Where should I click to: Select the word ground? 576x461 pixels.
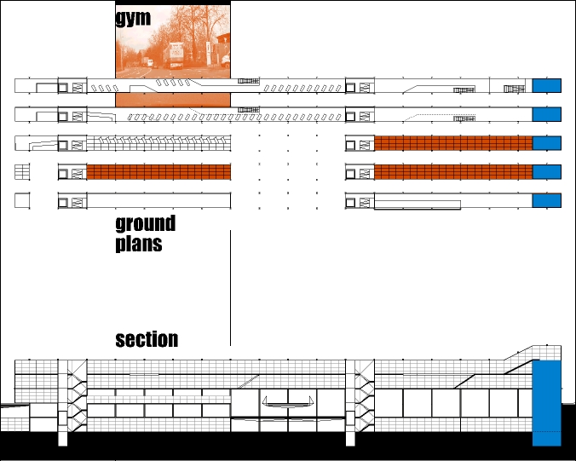145,224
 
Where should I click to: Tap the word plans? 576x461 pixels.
139,244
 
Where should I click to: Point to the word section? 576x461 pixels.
147,339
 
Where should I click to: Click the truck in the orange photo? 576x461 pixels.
176,54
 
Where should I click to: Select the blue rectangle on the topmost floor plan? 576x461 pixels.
547,85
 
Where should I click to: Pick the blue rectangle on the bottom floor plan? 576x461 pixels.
547,201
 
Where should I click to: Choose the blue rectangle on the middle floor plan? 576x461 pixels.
547,143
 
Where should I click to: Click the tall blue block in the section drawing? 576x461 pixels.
547,402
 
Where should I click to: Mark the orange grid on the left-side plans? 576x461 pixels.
158,172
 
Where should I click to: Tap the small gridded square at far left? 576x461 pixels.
22,172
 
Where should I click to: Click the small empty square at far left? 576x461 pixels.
22,201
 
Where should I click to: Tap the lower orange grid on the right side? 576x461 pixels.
453,172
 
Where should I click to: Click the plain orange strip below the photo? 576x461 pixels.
172,101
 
